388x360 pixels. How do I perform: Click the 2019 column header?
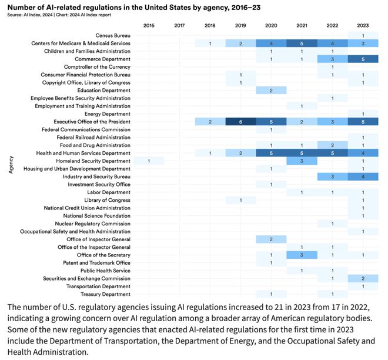(240, 25)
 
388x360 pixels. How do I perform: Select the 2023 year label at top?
(363, 25)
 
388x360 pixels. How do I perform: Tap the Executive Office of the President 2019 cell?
(240, 122)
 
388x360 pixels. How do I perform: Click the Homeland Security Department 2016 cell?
(149, 161)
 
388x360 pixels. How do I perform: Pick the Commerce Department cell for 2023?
(363, 59)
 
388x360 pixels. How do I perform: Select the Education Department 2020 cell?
(271, 90)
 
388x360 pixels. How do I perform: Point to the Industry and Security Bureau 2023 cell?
(363, 176)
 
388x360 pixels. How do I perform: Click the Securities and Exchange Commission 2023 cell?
(363, 278)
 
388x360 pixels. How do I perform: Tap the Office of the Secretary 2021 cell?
(302, 255)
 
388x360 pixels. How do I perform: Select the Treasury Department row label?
(106, 294)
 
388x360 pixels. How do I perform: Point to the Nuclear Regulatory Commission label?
(93, 224)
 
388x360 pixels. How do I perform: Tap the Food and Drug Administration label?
(95, 145)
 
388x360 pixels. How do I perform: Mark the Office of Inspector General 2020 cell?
(271, 239)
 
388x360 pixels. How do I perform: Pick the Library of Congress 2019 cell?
(240, 200)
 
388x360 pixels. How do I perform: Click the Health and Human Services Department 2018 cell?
(210, 153)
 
